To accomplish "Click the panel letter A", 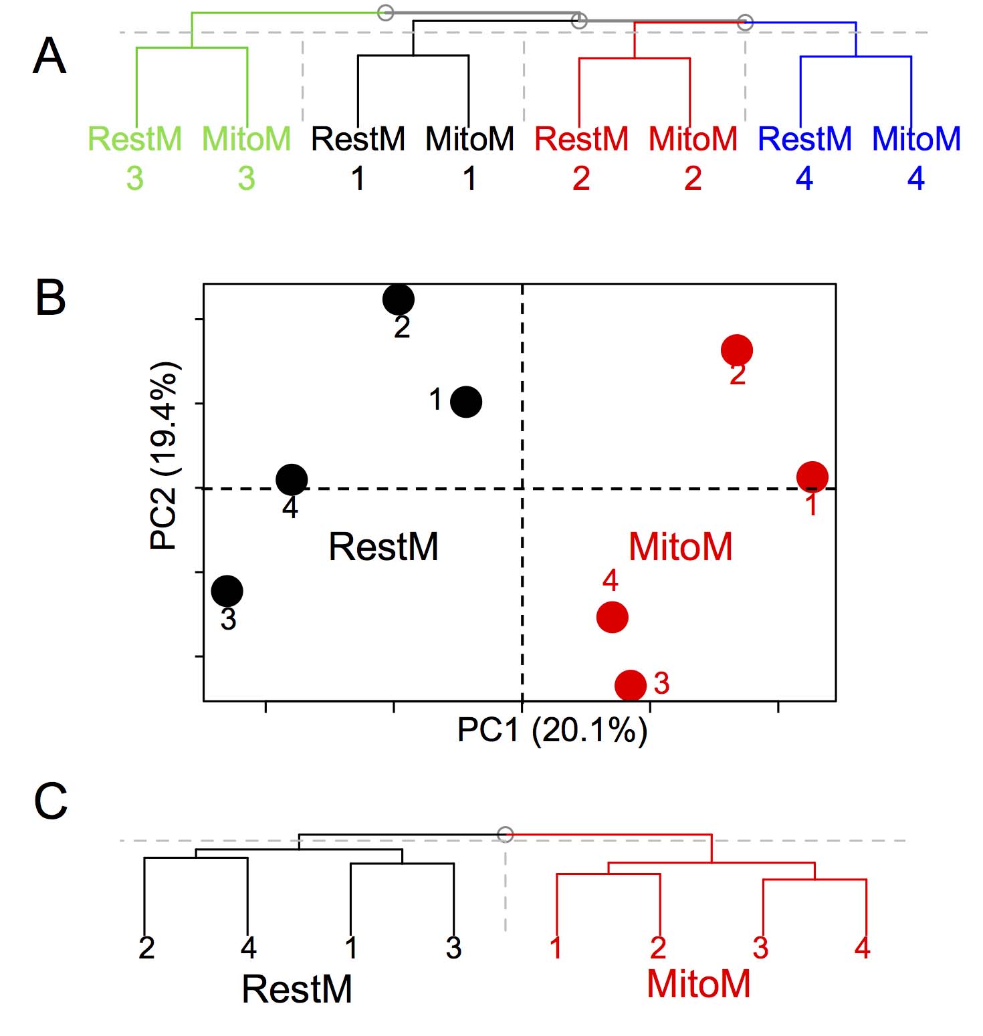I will point(49,56).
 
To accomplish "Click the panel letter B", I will point(50,297).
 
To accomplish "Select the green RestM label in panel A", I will point(134,140).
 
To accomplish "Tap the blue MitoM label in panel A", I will point(916,140).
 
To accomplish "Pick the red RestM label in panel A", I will point(581,140).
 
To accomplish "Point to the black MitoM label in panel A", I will point(469,140).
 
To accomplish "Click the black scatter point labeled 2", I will point(399,299).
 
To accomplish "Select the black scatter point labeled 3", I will point(227,591).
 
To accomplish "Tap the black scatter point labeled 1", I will point(466,402).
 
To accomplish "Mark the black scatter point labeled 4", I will point(292,479).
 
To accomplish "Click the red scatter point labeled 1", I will point(812,477).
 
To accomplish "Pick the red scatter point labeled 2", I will point(737,350).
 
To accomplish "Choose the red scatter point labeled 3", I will point(631,685).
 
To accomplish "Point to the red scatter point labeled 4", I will point(613,617).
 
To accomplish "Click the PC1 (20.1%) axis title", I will point(552,730).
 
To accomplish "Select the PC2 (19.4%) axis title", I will point(165,456).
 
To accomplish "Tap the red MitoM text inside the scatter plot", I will point(680,547).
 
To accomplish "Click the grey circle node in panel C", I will point(506,834).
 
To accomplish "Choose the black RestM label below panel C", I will point(297,989).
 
